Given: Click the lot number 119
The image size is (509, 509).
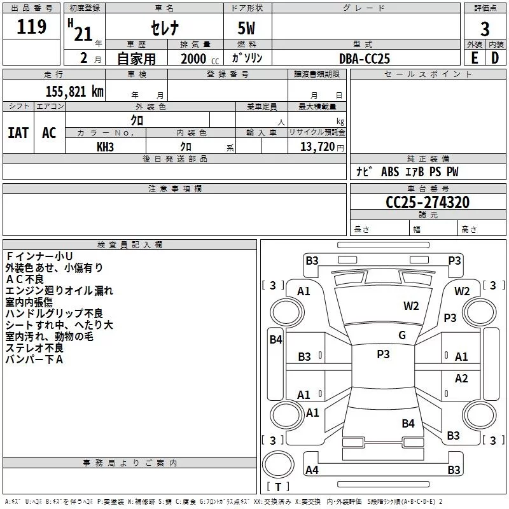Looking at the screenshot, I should point(32,27).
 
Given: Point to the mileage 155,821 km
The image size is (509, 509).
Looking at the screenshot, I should point(74,91).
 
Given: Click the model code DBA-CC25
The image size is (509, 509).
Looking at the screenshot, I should point(365,59).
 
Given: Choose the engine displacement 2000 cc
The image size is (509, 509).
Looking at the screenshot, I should point(198,59).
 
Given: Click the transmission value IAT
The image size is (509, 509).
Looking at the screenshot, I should point(18,133).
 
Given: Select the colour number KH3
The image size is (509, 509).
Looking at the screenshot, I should point(106,147).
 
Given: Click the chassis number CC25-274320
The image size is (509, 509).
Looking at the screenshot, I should point(428,202).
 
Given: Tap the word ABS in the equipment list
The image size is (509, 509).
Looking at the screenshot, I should point(390,172).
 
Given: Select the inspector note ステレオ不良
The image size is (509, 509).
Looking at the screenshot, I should point(34,348).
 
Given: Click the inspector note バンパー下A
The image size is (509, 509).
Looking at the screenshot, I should point(34,359).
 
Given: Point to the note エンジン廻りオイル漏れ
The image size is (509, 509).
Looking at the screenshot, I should point(59,291).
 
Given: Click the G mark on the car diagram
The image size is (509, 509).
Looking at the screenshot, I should point(402,335).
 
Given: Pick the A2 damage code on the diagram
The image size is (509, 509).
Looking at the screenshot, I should point(461,379).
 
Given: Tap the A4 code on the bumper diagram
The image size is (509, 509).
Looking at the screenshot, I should point(312,470).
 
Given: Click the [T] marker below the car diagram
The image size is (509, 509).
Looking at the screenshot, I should point(277,487).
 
